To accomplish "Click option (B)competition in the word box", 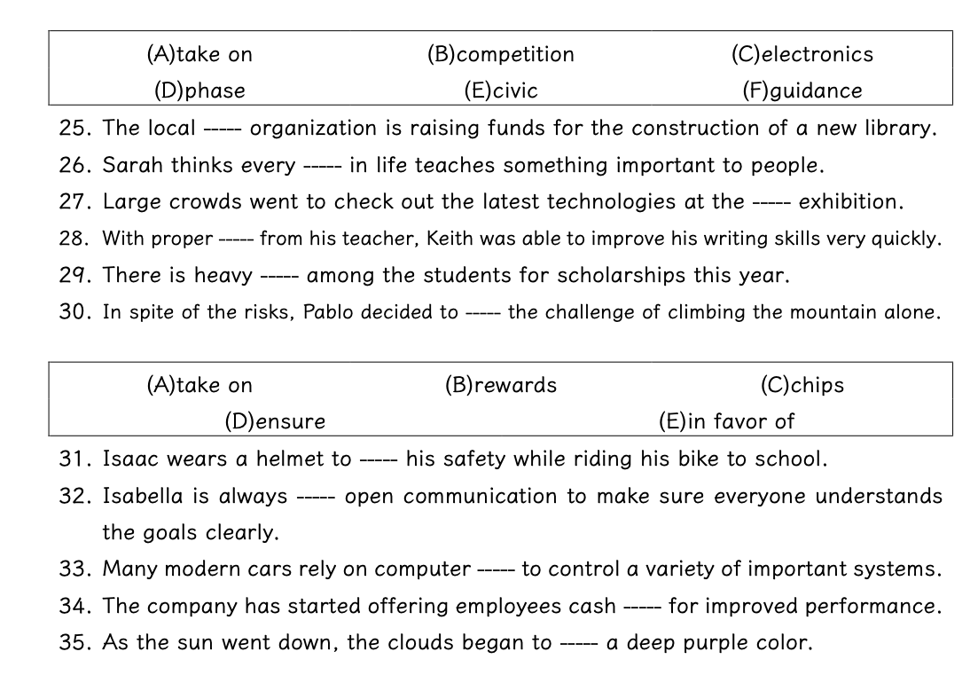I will pyautogui.click(x=500, y=54).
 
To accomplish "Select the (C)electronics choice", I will pyautogui.click(x=802, y=54).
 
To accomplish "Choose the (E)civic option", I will pyautogui.click(x=500, y=90).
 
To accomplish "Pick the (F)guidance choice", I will pyautogui.click(x=802, y=90).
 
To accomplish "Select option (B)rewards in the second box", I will pyautogui.click(x=500, y=385).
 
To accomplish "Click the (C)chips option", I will pyautogui.click(x=802, y=385).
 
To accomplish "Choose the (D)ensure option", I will pyautogui.click(x=275, y=421).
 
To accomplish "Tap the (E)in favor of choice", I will pyautogui.click(x=726, y=421).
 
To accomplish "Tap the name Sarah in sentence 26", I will pyautogui.click(x=130, y=165).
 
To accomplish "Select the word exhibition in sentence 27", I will pyautogui.click(x=850, y=201).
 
